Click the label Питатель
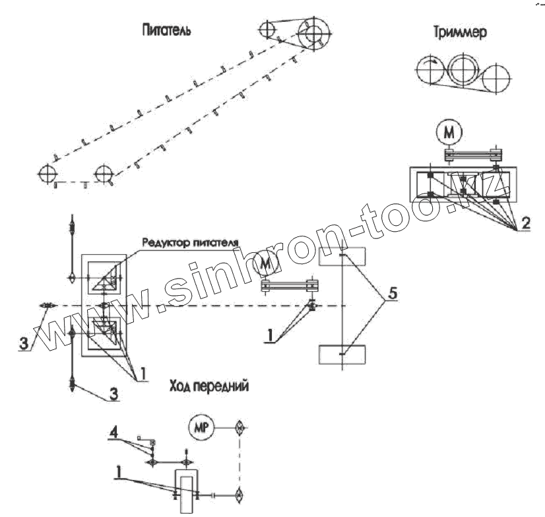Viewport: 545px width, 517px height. (166, 30)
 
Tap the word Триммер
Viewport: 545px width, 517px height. (461, 34)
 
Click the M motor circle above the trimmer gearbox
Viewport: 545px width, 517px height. (449, 133)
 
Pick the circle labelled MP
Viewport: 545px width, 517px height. (201, 428)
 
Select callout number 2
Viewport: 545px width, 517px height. (524, 223)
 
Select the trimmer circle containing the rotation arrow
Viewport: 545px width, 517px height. (430, 69)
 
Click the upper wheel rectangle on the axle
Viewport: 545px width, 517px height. (342, 256)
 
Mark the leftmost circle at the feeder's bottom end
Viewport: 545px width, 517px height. (47, 174)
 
